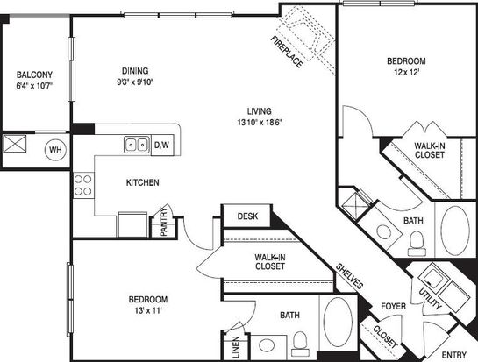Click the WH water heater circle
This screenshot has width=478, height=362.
[55, 150]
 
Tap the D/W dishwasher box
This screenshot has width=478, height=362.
[162, 145]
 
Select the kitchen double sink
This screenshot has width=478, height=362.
[137, 145]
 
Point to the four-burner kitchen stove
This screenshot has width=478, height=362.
[83, 185]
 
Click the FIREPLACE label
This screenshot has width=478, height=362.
[287, 52]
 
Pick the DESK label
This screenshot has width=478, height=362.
[247, 216]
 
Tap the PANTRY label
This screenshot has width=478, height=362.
[164, 221]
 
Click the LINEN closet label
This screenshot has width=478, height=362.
[236, 347]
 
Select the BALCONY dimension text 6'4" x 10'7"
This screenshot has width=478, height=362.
[34, 86]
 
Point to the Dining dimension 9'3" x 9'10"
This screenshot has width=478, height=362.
[135, 82]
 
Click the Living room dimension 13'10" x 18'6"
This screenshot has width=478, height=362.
[259, 123]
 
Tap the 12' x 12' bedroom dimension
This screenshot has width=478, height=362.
[406, 72]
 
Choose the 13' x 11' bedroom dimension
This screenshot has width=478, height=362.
[148, 311]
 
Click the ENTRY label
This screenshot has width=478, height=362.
[454, 355]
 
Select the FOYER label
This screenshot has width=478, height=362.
[393, 306]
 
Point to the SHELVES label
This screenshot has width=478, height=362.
[349, 276]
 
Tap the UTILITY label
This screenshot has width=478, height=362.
[430, 299]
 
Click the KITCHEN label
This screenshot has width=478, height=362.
[143, 182]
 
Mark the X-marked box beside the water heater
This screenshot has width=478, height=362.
[15, 144]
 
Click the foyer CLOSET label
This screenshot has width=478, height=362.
[385, 337]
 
